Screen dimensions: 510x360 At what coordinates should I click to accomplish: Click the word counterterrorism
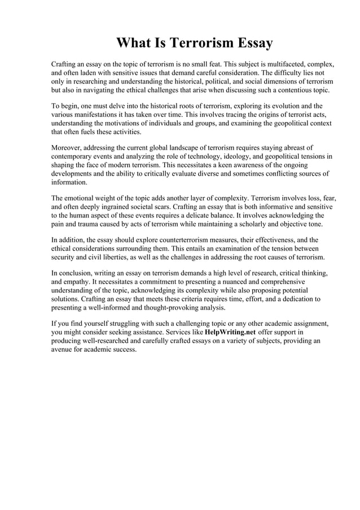pos(173,239)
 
